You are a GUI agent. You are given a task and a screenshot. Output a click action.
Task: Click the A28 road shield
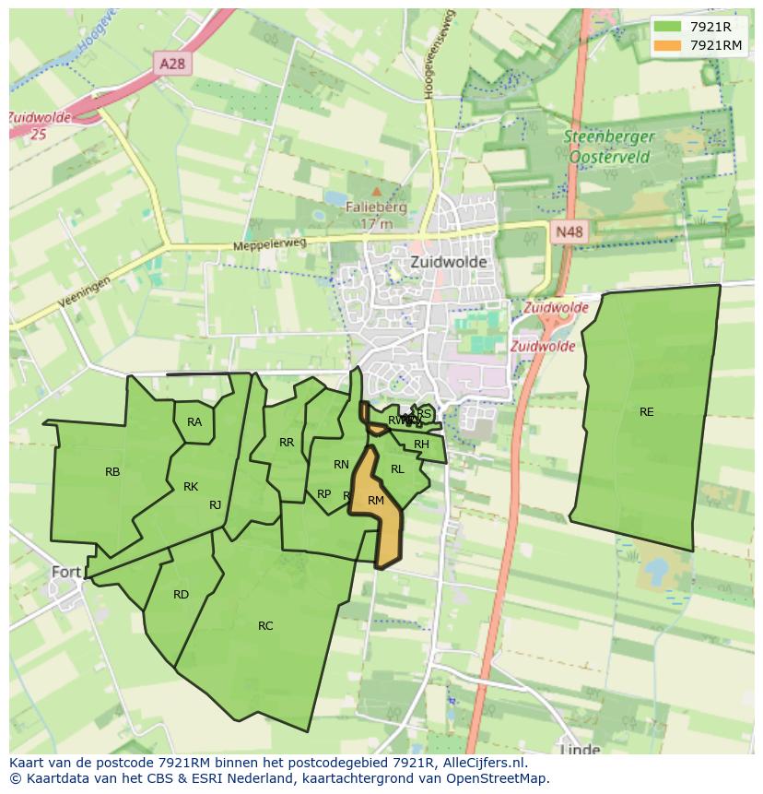coord(172,64)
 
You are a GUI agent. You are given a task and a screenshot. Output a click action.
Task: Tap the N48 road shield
coord(569,232)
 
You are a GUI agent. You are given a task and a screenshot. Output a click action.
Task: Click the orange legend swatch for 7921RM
coord(669,45)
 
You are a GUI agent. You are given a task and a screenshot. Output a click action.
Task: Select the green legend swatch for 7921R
coord(669,28)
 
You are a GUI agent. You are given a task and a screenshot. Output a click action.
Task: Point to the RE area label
coord(646,412)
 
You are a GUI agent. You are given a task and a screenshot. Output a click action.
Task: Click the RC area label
coord(265,626)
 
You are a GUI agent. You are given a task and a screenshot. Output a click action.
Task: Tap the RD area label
coord(181,595)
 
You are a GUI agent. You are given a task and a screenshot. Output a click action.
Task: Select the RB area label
coord(112,472)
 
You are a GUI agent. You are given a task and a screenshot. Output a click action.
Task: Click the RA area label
coord(194,422)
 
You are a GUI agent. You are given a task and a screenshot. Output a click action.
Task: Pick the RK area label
coord(191,487)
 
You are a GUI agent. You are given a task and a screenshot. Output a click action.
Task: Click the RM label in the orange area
coord(375,501)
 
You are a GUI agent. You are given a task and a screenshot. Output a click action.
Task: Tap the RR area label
coord(287,443)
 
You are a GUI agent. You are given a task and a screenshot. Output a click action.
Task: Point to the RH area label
coord(421,444)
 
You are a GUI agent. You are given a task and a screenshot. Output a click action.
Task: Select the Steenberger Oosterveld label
coord(608,147)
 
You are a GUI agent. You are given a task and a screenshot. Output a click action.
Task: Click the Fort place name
coord(66,572)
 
